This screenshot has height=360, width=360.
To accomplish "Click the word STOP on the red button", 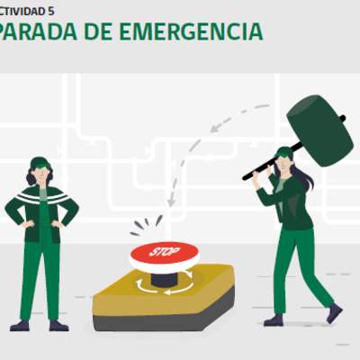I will coord(164,252).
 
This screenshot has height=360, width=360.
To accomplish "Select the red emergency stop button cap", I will coord(164,255).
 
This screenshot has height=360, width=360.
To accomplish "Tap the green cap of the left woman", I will coord(40,163).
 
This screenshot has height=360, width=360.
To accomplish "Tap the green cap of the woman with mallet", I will coord(284,152).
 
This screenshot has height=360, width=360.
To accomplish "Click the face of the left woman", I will coord(41,173).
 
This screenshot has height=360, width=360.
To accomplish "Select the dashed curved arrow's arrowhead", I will coord(171,202).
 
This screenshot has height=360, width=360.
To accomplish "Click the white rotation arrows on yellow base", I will coord(164,286).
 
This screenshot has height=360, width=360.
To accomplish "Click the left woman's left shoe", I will coord(58,325).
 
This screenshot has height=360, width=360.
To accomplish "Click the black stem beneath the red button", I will coord(164,277).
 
